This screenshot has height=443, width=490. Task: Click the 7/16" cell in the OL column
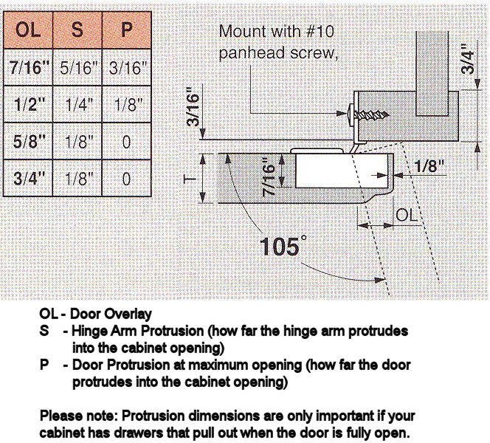click(x=29, y=69)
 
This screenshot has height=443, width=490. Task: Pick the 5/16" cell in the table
click(x=77, y=69)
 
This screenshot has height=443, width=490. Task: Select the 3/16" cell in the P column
click(x=127, y=69)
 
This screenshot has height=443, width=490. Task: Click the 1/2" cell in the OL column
click(x=29, y=106)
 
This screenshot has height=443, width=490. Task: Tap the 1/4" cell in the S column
click(x=77, y=106)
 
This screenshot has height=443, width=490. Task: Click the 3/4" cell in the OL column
click(x=29, y=178)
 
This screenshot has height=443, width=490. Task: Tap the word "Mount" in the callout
click(x=241, y=32)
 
